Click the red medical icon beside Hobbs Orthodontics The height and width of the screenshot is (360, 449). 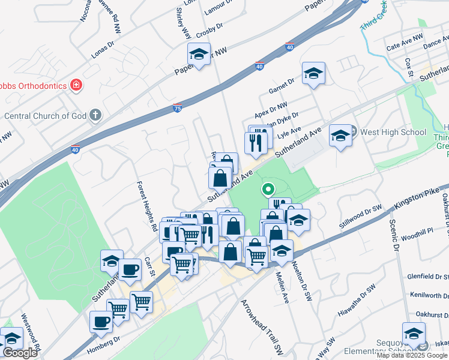(76, 86)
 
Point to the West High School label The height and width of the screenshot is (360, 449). (393, 132)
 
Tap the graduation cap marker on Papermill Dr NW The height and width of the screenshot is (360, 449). (199, 54)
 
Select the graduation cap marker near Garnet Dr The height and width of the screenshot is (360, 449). (313, 74)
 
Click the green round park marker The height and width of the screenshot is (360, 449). (268, 190)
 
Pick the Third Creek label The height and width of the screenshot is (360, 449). (374, 18)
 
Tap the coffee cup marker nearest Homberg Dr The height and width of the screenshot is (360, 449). (101, 322)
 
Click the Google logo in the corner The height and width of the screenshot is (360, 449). (20, 353)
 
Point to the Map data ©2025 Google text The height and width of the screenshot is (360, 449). (412, 355)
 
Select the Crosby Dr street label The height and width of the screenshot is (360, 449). (209, 28)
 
